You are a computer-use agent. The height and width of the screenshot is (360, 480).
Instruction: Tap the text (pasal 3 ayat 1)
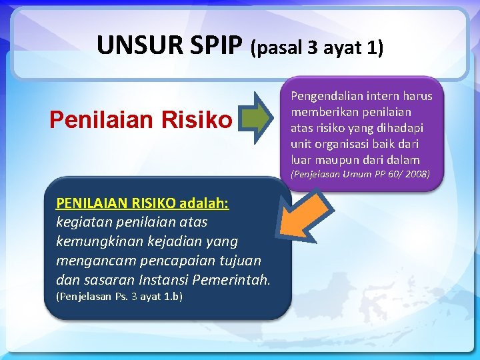317,48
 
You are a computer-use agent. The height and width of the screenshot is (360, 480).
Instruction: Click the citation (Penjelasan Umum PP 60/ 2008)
360,175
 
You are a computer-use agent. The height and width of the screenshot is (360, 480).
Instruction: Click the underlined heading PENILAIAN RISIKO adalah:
143,203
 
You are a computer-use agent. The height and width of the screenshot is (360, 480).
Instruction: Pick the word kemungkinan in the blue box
99,241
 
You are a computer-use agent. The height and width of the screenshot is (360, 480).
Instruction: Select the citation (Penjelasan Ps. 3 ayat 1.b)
119,297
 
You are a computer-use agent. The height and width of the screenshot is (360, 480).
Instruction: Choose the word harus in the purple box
417,96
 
